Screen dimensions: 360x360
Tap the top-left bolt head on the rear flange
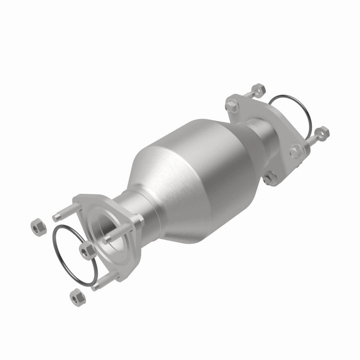[x=231, y=106]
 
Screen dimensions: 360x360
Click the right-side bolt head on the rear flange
[x=295, y=151]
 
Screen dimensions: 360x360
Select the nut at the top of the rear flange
[x=257, y=90]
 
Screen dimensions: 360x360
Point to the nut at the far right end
[x=322, y=133]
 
